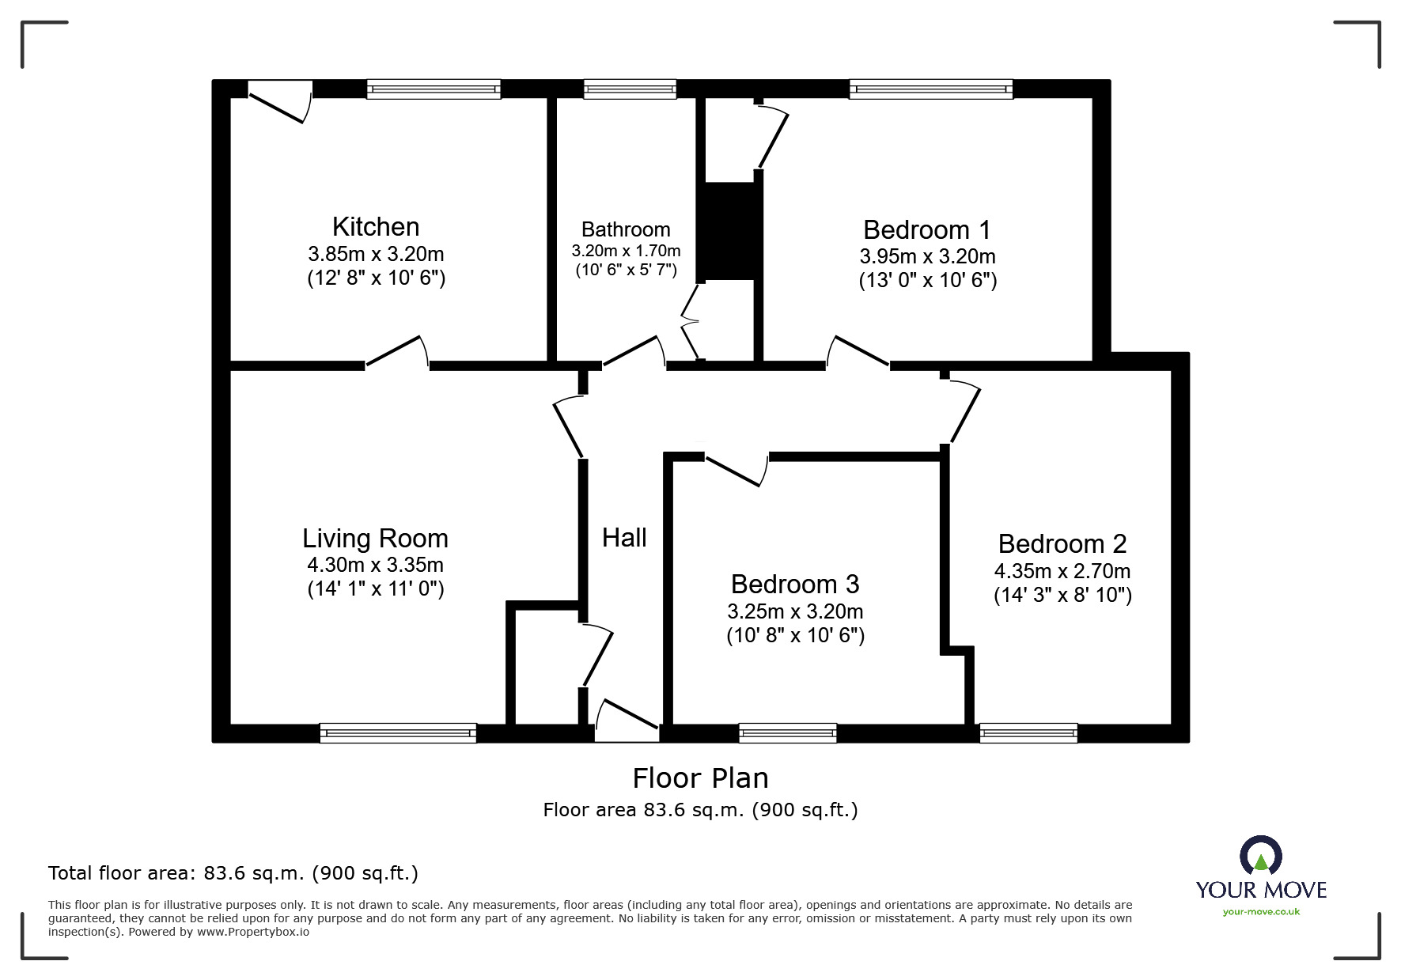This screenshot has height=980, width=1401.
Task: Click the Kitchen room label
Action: click(376, 227)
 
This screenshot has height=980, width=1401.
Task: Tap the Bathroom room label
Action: click(626, 229)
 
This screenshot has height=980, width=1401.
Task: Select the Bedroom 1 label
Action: click(927, 229)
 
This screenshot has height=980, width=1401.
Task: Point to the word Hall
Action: click(624, 538)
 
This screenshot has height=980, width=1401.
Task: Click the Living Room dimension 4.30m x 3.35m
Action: click(376, 565)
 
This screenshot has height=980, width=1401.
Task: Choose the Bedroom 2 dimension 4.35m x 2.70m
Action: click(1062, 570)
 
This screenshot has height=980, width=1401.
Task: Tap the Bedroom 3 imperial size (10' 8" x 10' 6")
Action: click(796, 635)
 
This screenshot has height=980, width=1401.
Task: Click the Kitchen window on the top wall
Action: click(434, 89)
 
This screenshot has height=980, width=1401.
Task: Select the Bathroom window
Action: click(630, 89)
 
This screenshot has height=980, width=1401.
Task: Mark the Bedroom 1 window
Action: click(931, 89)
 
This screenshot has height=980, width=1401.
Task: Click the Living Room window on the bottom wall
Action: click(398, 733)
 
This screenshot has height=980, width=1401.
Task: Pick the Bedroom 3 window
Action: click(788, 733)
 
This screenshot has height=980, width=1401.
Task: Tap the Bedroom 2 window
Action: click(1028, 733)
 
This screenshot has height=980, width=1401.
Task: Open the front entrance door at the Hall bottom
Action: click(627, 721)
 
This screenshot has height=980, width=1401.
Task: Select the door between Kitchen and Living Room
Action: click(397, 352)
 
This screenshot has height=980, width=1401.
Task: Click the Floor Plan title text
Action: click(701, 778)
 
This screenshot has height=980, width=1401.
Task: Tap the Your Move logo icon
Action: click(1260, 856)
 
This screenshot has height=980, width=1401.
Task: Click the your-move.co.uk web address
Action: click(1261, 912)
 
